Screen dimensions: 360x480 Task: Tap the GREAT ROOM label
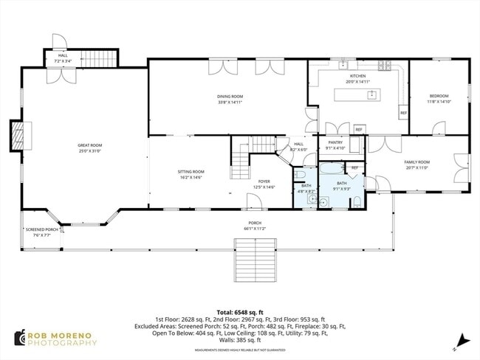[90, 145]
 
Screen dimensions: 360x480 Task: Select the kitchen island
[371, 94]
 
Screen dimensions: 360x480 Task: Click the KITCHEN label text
[357, 76]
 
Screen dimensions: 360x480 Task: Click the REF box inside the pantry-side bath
[354, 168]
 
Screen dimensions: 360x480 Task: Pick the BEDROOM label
[438, 96]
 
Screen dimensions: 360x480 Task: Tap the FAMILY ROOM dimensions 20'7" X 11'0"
[416, 167]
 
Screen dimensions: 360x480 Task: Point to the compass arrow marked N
[462, 340]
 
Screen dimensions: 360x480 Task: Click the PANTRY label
[335, 142]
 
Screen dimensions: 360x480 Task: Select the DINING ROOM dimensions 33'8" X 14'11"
[230, 103]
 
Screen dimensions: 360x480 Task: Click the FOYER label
[264, 181]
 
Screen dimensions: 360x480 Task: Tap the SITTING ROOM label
[190, 171]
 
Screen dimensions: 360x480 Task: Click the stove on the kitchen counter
[385, 66]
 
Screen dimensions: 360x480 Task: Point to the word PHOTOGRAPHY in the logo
[63, 343]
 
